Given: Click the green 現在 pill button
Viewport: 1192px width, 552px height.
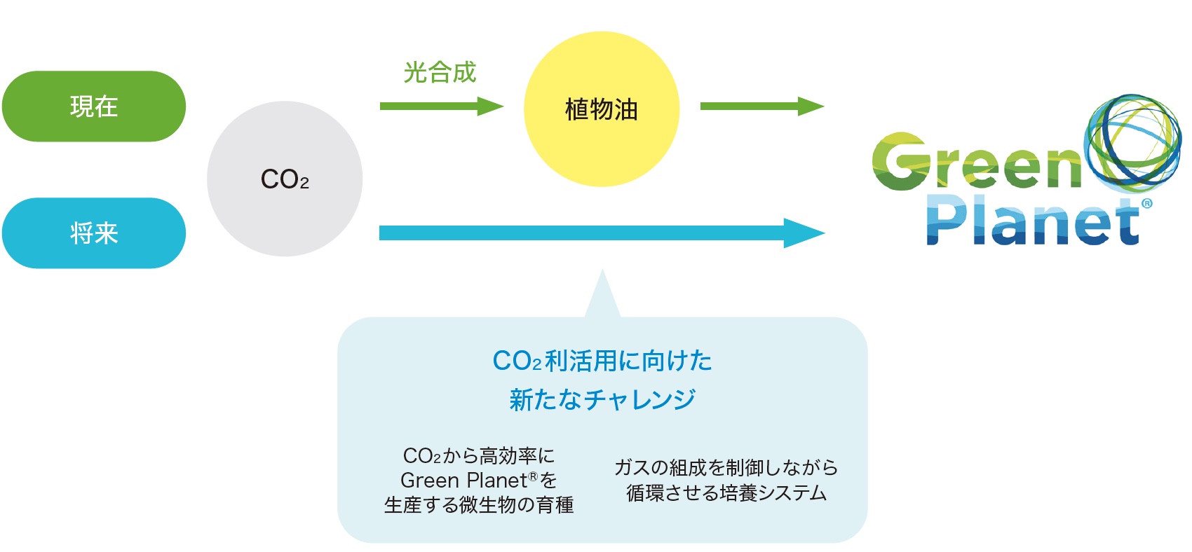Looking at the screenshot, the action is pos(94,106).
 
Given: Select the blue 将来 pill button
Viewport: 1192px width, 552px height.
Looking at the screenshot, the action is pos(94,233).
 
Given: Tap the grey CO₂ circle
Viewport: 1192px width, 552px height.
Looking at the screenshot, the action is pos(285,179).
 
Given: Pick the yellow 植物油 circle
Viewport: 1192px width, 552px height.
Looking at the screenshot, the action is pos(602,109).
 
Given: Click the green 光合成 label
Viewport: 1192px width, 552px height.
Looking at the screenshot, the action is pos(440,72).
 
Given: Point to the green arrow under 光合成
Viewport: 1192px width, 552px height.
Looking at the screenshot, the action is pos(442,106).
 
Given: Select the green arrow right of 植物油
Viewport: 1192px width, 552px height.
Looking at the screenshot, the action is pos(762,106).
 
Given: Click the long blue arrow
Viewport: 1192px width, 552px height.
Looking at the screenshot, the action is pos(602,233).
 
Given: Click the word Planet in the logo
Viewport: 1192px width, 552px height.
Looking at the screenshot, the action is pos(1032,221).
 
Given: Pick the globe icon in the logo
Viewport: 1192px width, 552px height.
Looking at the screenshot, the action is pos(1132,144).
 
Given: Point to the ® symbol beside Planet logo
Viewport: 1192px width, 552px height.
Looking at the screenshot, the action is pos(1146,203).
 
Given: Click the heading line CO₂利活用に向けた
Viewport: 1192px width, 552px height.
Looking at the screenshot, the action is pos(602,361).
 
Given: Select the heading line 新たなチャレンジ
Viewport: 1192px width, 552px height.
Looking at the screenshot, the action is pos(602,399).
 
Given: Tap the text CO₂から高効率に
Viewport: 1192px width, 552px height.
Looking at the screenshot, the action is pos(479,456).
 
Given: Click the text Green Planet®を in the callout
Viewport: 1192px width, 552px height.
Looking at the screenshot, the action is pos(479,481).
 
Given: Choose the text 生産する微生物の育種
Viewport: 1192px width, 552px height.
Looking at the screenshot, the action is pos(479,504).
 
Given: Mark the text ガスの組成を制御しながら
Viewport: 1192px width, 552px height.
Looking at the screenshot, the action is pos(726,468).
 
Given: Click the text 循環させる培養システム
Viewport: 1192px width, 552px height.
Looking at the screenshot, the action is pos(726,493).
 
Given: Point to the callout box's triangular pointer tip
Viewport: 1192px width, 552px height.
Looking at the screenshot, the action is pos(602,270).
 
